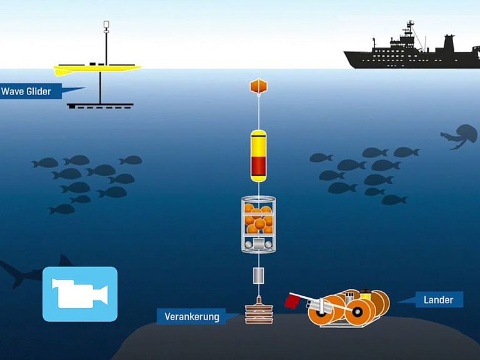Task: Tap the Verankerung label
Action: click(x=191, y=316)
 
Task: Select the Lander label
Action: click(x=437, y=300)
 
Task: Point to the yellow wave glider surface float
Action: click(x=97, y=69)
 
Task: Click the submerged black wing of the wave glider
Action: click(x=100, y=106)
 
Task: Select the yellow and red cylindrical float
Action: click(x=258, y=156)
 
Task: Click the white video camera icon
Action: click(x=80, y=294)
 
